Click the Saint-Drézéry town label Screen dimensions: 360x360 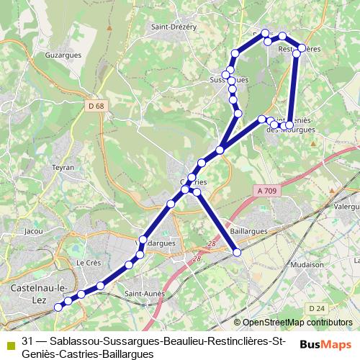(x=174, y=27)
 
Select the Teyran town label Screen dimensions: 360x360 (x=63, y=167)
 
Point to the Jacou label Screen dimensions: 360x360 (x=33, y=232)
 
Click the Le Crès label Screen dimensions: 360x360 (x=88, y=263)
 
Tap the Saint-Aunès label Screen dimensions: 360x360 (x=143, y=293)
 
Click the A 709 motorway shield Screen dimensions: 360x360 (x=266, y=191)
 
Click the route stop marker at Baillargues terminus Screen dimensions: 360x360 (x=238, y=252)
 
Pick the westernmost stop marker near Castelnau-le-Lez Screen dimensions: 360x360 (x=58, y=306)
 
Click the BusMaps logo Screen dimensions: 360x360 (x=325, y=343)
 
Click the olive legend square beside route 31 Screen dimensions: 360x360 (x=9, y=342)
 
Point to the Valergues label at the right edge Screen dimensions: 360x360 (x=347, y=205)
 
